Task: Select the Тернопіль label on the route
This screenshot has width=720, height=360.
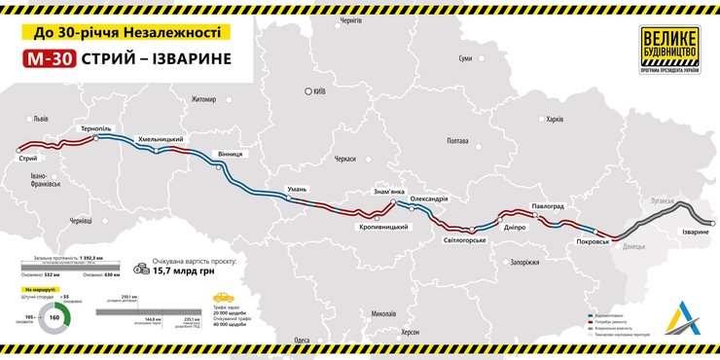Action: point(99,128)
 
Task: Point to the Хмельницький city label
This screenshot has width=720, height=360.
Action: point(160,139)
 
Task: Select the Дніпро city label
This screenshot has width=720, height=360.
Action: point(516,227)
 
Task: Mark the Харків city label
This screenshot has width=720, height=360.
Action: point(555,120)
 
